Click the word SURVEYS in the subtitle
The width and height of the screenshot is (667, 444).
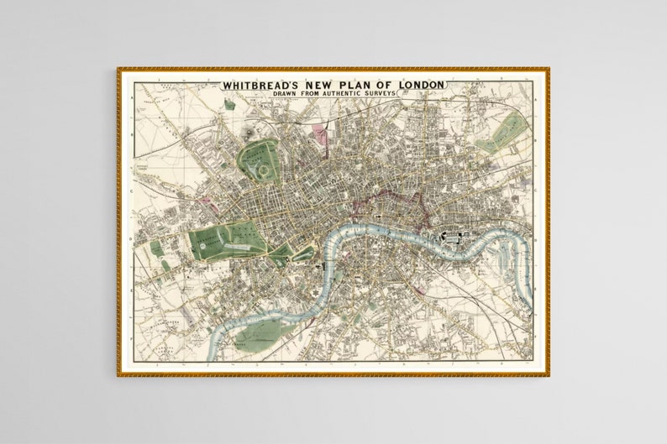(375, 94)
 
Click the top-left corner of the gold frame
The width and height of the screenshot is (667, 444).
(119, 70)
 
